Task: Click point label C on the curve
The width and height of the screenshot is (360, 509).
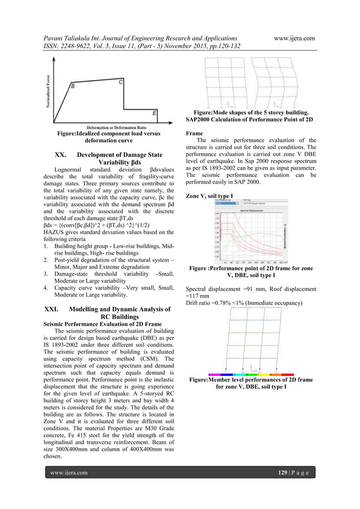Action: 121,82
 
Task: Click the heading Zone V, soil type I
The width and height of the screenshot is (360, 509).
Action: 213,195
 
